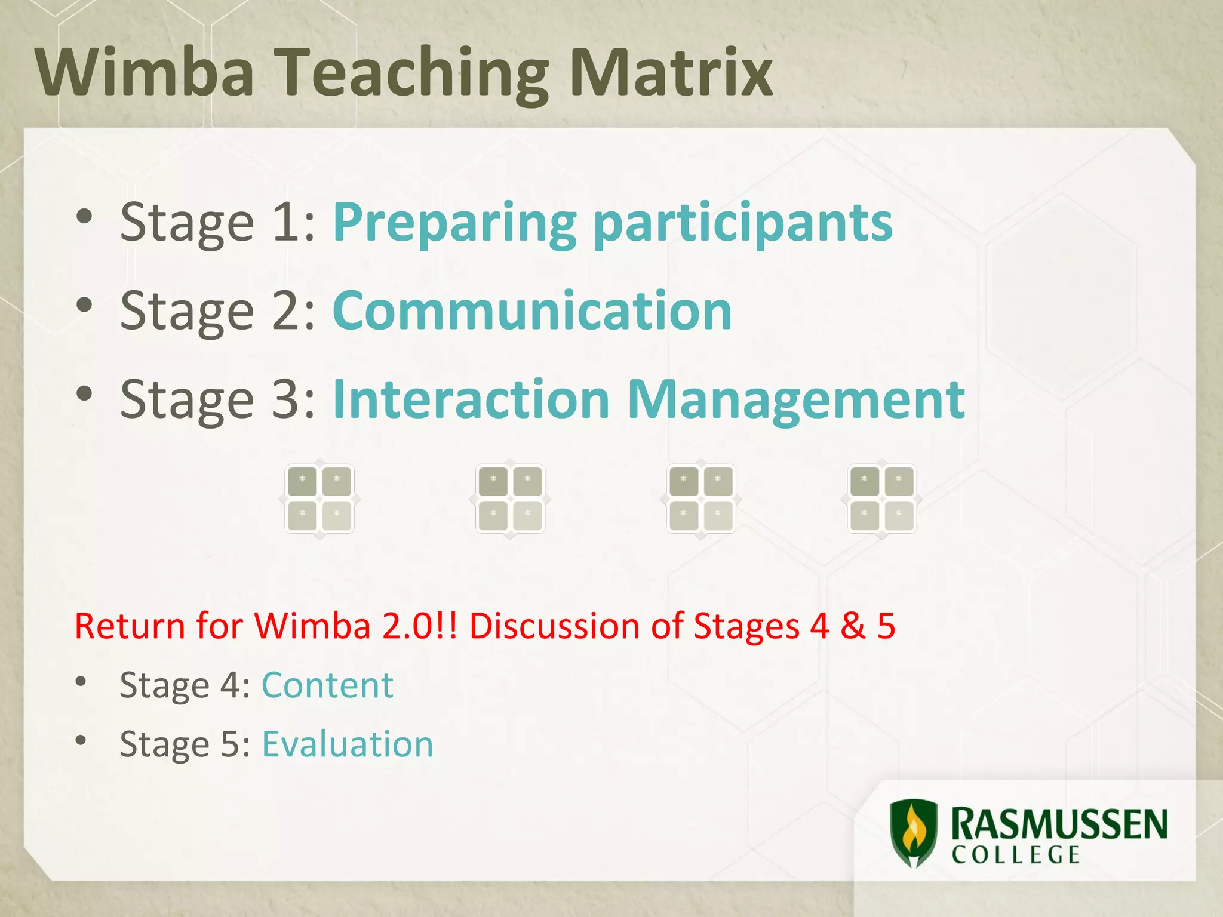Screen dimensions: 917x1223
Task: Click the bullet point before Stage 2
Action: [x=85, y=305]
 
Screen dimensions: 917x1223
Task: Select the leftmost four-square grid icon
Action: [x=319, y=498]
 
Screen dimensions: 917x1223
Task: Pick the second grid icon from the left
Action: [x=510, y=498]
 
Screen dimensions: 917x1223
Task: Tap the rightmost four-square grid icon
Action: [x=881, y=498]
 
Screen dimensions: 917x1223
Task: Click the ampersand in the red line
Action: [x=852, y=626]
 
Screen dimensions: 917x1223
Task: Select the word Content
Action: [x=327, y=685]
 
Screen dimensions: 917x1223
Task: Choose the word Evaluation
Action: [x=348, y=744]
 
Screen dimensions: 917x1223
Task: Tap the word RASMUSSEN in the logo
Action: [x=1059, y=824]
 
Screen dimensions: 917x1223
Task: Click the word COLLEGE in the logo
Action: [x=1016, y=855]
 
